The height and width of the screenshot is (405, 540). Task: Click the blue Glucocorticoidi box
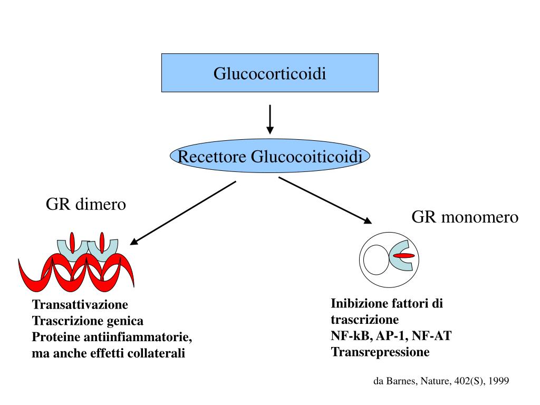pyautogui.click(x=269, y=73)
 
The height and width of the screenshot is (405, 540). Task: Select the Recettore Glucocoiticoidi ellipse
pyautogui.click(x=270, y=157)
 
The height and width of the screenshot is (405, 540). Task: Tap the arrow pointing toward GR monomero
pyautogui.click(x=325, y=200)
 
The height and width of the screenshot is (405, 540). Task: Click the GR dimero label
pyautogui.click(x=86, y=204)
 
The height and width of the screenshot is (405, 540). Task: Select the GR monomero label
pyautogui.click(x=465, y=217)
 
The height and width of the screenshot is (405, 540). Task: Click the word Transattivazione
pyautogui.click(x=80, y=305)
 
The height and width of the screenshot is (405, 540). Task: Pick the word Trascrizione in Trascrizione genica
pyautogui.click(x=62, y=321)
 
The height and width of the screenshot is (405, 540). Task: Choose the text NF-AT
pyautogui.click(x=432, y=336)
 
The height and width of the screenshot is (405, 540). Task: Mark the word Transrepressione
pyautogui.click(x=380, y=352)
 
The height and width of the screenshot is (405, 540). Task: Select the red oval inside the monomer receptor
pyautogui.click(x=404, y=256)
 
